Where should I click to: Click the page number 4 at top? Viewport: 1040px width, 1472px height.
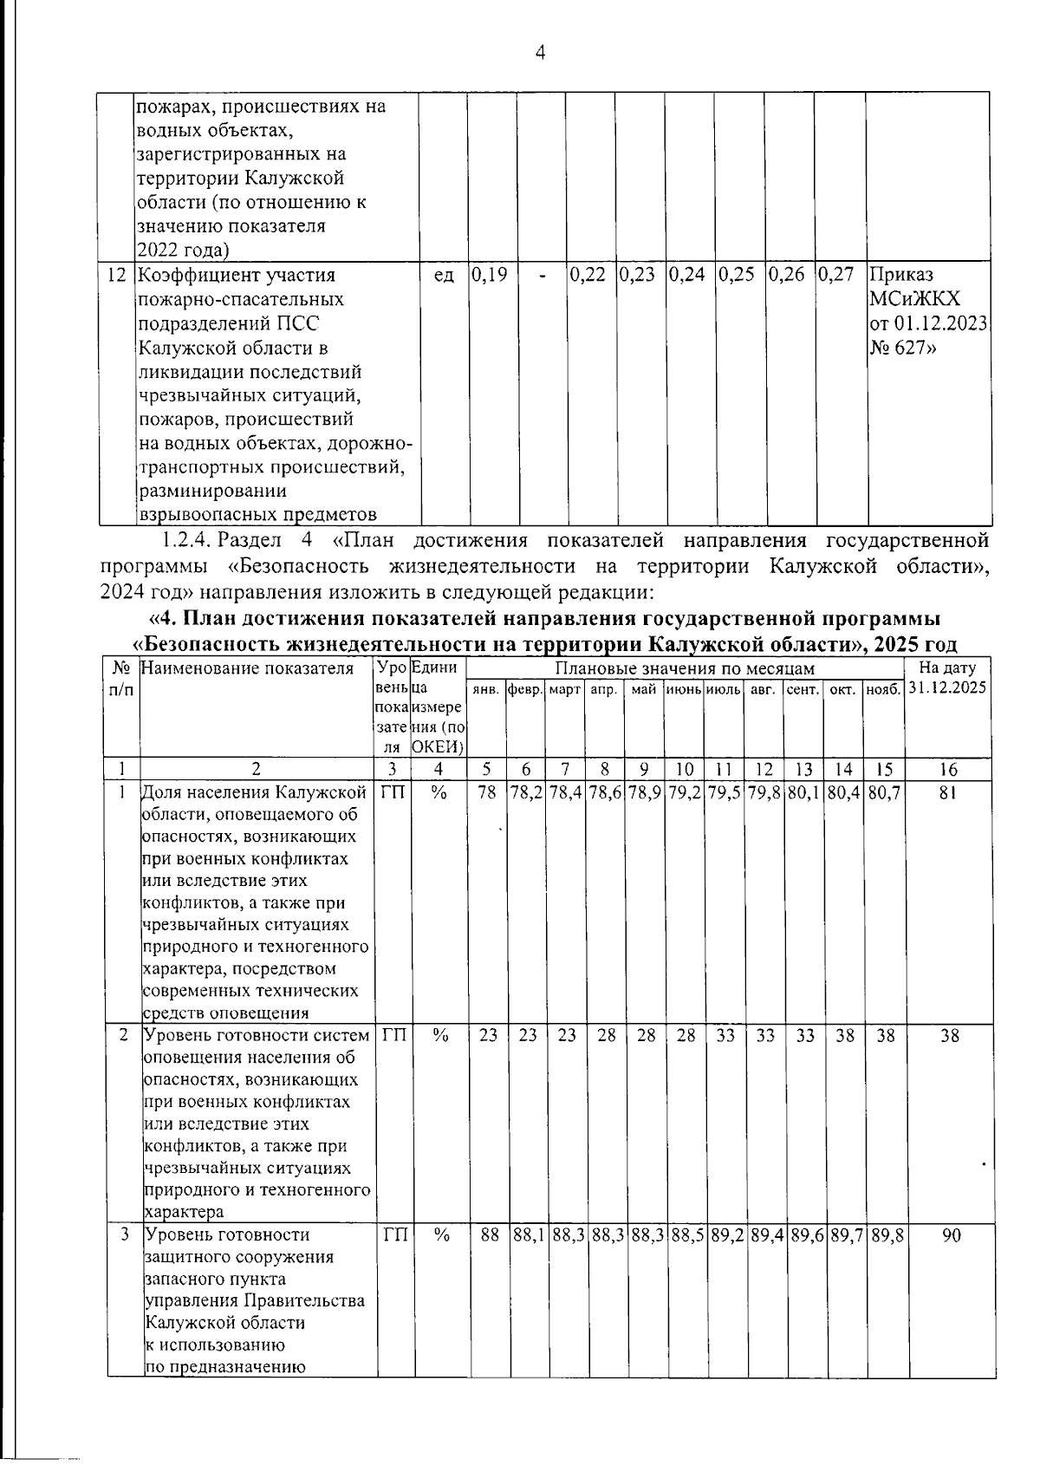pyautogui.click(x=540, y=54)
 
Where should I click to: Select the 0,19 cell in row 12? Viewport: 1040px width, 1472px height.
pyautogui.click(x=491, y=276)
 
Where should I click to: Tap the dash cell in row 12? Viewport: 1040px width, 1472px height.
pyautogui.click(x=542, y=276)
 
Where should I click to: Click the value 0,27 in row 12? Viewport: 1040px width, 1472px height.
pyautogui.click(x=837, y=276)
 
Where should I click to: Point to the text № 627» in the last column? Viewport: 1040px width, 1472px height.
pyautogui.click(x=905, y=348)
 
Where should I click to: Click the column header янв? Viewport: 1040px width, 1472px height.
pyautogui.click(x=486, y=690)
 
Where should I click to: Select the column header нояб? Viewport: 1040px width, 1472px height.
pyautogui.click(x=883, y=690)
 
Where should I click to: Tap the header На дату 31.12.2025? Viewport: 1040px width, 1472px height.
pyautogui.click(x=947, y=679)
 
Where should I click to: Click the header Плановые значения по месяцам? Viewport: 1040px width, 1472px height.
pyautogui.click(x=685, y=668)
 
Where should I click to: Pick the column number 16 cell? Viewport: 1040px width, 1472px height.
pyautogui.click(x=947, y=769)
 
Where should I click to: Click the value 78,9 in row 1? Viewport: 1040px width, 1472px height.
pyautogui.click(x=646, y=792)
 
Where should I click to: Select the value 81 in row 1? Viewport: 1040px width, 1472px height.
pyautogui.click(x=947, y=792)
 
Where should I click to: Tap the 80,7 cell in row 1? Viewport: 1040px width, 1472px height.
pyautogui.click(x=884, y=792)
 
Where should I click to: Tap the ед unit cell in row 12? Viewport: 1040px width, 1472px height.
pyautogui.click(x=443, y=276)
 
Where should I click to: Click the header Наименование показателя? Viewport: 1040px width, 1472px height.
pyautogui.click(x=248, y=668)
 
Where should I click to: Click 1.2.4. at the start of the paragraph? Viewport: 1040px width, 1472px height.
pyautogui.click(x=186, y=542)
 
